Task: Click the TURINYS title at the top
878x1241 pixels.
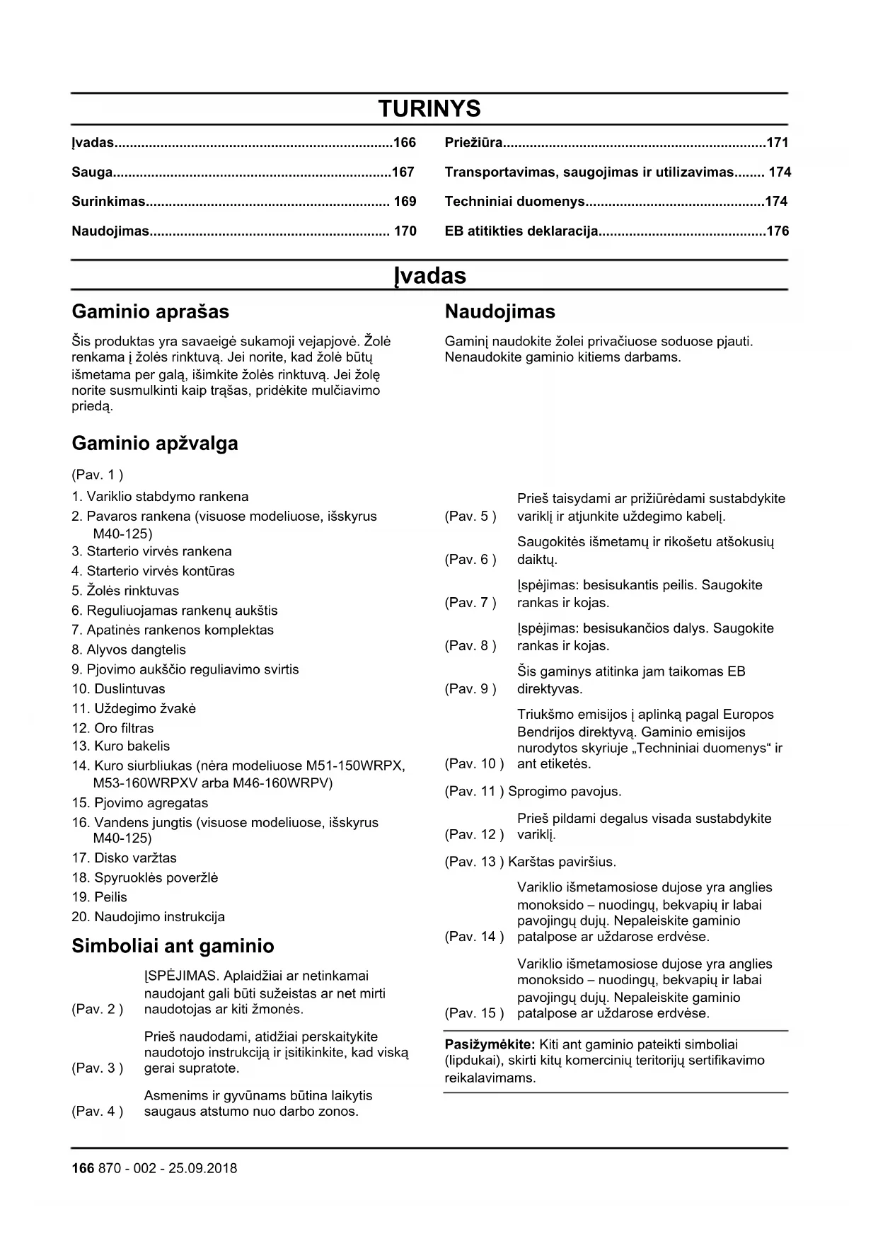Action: (x=429, y=109)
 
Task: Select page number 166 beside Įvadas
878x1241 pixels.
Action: (x=405, y=143)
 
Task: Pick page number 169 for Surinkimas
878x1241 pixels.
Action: (x=405, y=202)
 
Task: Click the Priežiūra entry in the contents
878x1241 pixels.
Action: (x=473, y=143)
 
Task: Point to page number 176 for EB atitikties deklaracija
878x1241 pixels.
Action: (x=778, y=231)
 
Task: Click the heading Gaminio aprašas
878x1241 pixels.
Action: (x=150, y=312)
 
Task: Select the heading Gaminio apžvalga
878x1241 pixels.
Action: (x=154, y=444)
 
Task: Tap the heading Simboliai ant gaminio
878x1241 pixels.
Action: (x=173, y=947)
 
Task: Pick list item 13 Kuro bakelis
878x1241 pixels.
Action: (x=121, y=746)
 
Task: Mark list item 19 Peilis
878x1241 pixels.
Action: (x=100, y=898)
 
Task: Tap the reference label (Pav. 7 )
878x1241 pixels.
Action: (x=470, y=603)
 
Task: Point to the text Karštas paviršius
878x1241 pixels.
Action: (x=562, y=862)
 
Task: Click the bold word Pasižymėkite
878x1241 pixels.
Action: (x=490, y=1044)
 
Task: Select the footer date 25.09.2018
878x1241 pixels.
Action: (x=202, y=1169)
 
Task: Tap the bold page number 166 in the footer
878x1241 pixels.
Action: (x=82, y=1169)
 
